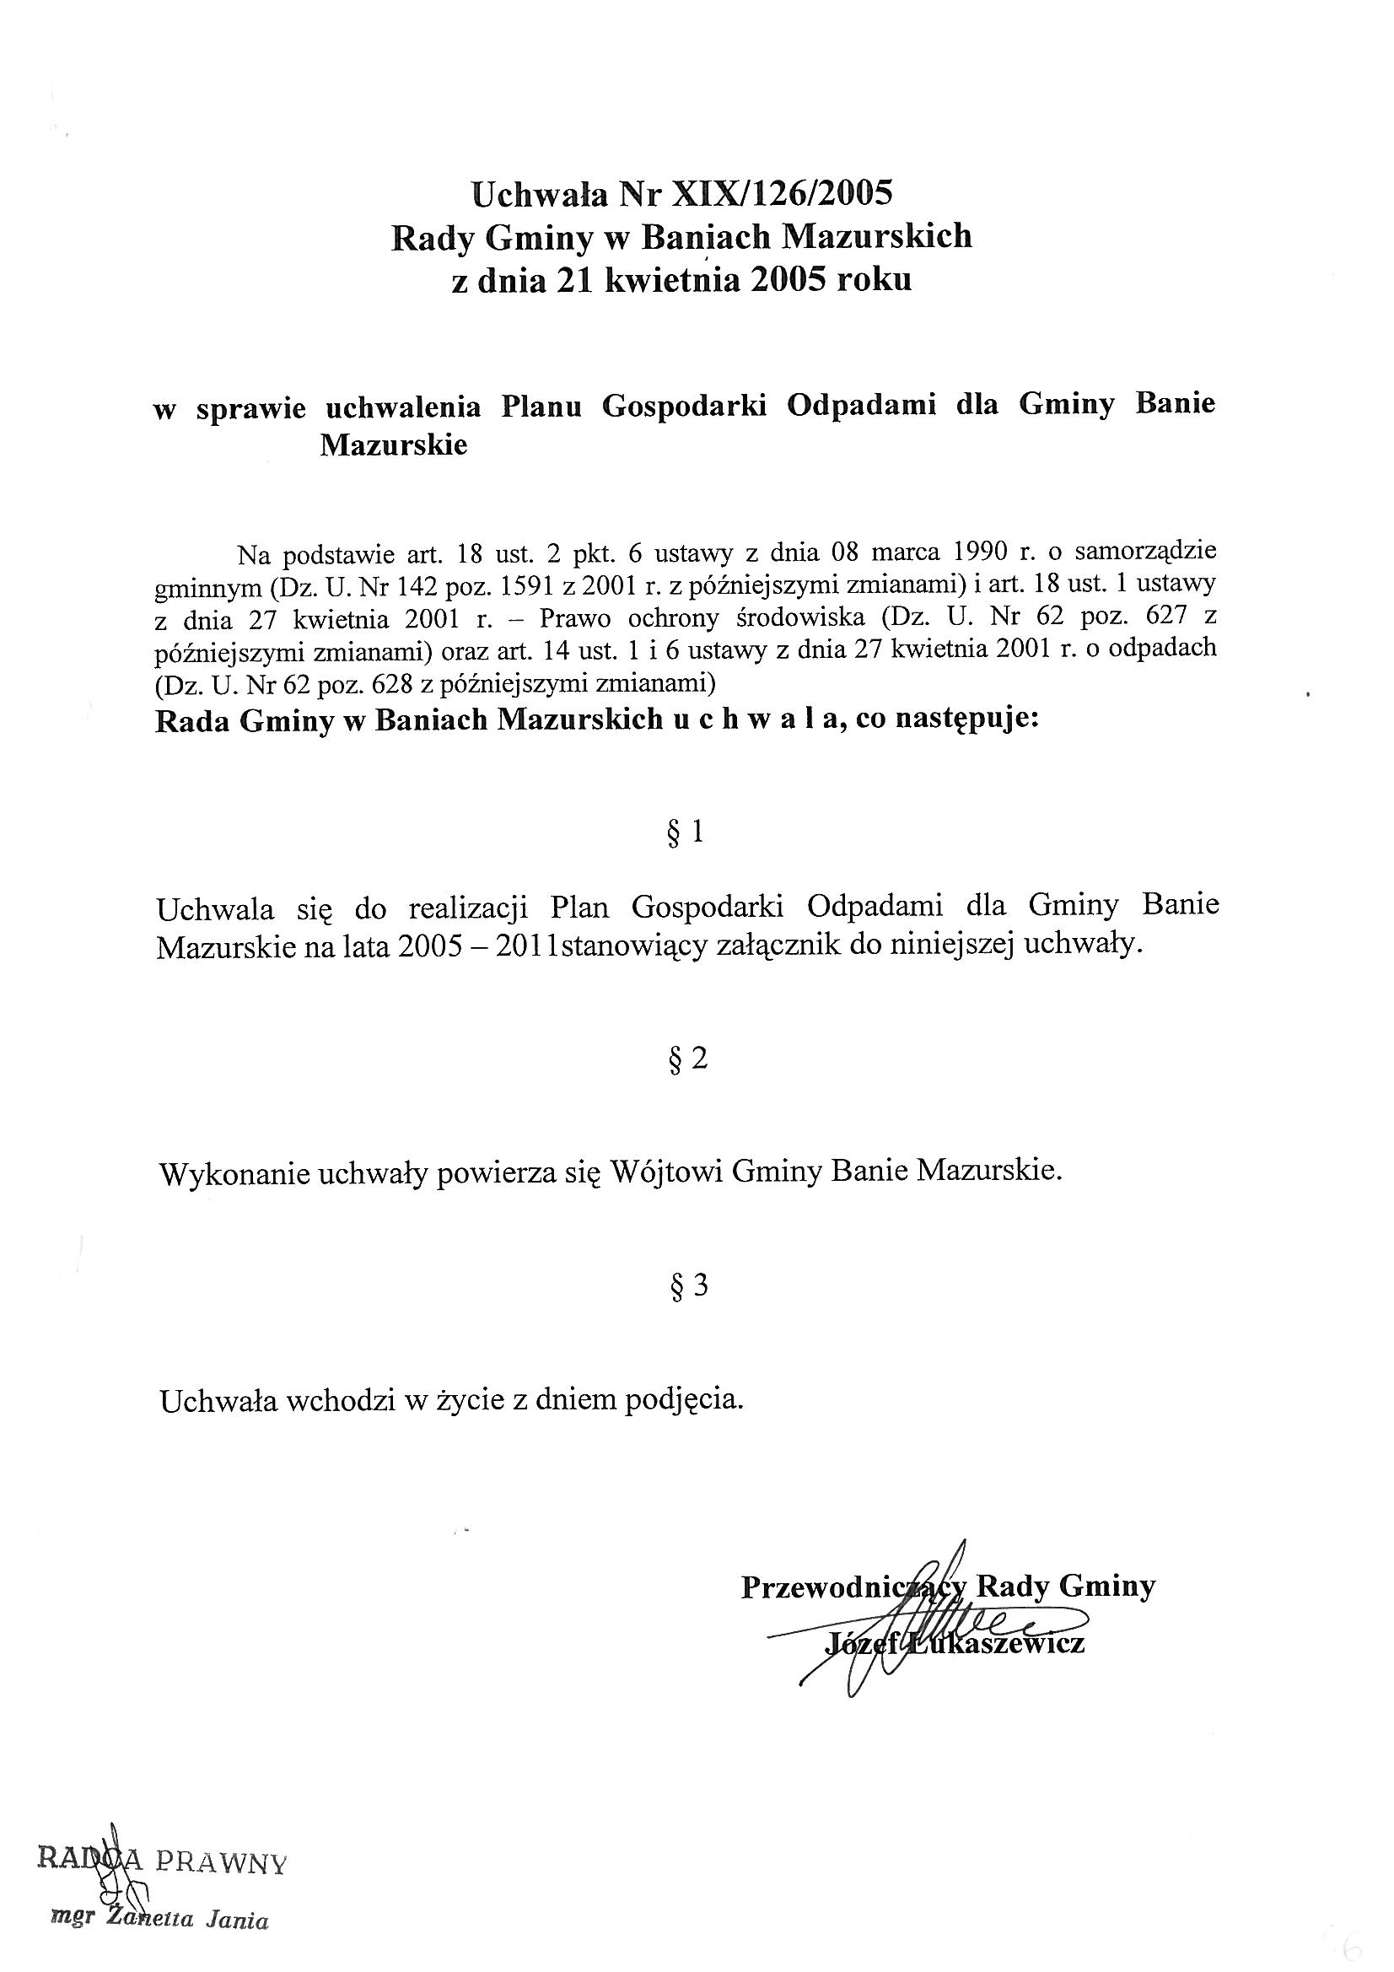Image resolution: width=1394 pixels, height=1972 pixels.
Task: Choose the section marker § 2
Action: point(687,1059)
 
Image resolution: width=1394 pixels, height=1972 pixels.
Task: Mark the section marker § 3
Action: point(687,1285)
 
